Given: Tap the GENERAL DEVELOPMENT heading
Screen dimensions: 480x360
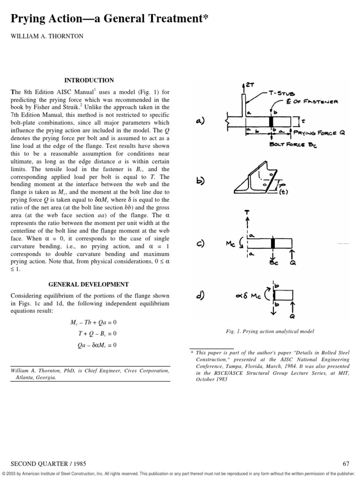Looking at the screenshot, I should (x=89, y=285).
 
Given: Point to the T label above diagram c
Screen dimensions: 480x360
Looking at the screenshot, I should (x=247, y=212).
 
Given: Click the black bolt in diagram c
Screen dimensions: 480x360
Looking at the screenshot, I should (x=272, y=243).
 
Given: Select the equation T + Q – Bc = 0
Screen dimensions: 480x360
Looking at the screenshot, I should (x=97, y=334).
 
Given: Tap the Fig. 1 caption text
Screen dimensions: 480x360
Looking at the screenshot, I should (x=270, y=331).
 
